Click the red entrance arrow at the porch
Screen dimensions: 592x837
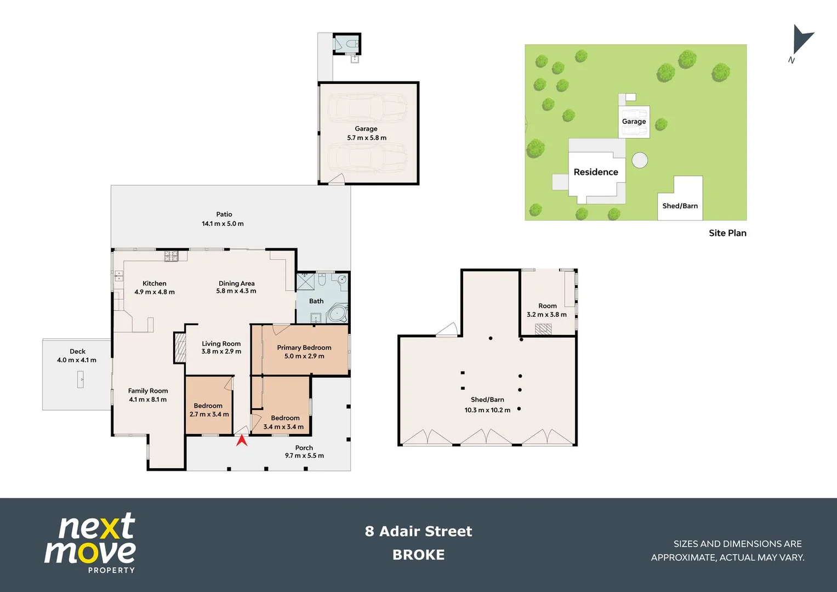tap(242, 440)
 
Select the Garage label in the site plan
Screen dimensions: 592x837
tap(634, 122)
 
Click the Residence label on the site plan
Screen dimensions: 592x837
tap(596, 172)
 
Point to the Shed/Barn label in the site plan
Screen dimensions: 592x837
tap(680, 206)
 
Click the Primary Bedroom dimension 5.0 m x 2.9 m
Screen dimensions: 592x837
tap(304, 356)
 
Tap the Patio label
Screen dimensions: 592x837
tap(224, 214)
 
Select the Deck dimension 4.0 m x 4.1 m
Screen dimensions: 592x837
tap(77, 360)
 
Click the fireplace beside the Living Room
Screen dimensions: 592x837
tap(180, 348)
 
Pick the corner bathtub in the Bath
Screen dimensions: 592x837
tap(337, 315)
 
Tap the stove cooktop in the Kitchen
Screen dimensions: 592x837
tap(172, 255)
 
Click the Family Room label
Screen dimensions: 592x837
tap(148, 391)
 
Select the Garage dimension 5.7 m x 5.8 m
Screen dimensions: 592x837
tap(367, 138)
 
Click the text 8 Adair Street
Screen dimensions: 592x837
tap(418, 531)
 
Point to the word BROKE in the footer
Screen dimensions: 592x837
tap(418, 555)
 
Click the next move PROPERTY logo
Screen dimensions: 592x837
tap(91, 543)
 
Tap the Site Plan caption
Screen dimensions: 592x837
tap(727, 233)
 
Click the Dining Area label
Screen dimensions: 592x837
tap(236, 283)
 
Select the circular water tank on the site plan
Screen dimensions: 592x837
tap(640, 160)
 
